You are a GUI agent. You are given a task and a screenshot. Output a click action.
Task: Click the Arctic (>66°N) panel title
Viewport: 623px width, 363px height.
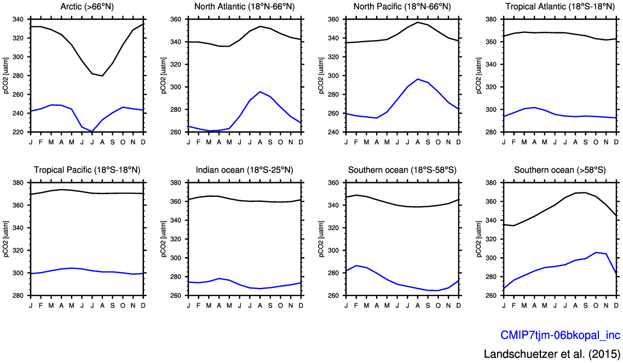click(87, 7)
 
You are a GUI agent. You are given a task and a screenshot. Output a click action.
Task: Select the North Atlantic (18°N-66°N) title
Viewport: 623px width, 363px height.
click(245, 7)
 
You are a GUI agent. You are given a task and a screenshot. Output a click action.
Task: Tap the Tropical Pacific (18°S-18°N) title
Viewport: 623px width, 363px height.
click(87, 170)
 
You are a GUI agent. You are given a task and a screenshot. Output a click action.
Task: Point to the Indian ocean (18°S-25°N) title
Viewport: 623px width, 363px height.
click(245, 170)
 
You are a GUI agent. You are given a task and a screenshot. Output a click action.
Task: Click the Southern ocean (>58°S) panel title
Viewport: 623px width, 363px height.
click(559, 170)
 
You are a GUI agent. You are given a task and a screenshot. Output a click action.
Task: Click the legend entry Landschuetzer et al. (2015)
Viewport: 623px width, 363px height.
click(552, 353)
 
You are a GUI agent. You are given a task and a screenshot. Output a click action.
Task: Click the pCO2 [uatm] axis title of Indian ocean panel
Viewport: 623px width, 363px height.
click(164, 239)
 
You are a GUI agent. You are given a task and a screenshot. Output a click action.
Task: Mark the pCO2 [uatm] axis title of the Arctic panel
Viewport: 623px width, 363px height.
click(6, 76)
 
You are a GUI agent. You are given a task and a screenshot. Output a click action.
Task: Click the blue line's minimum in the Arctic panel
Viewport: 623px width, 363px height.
click(92, 132)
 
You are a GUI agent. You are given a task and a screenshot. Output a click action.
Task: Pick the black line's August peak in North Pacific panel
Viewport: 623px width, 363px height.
click(418, 22)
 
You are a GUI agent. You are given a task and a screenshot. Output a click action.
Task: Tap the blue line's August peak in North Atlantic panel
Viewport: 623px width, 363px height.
click(260, 92)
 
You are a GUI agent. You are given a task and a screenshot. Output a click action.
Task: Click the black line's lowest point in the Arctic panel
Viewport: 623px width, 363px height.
click(102, 76)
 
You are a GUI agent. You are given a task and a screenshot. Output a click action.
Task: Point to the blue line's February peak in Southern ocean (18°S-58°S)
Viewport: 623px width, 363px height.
click(356, 265)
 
